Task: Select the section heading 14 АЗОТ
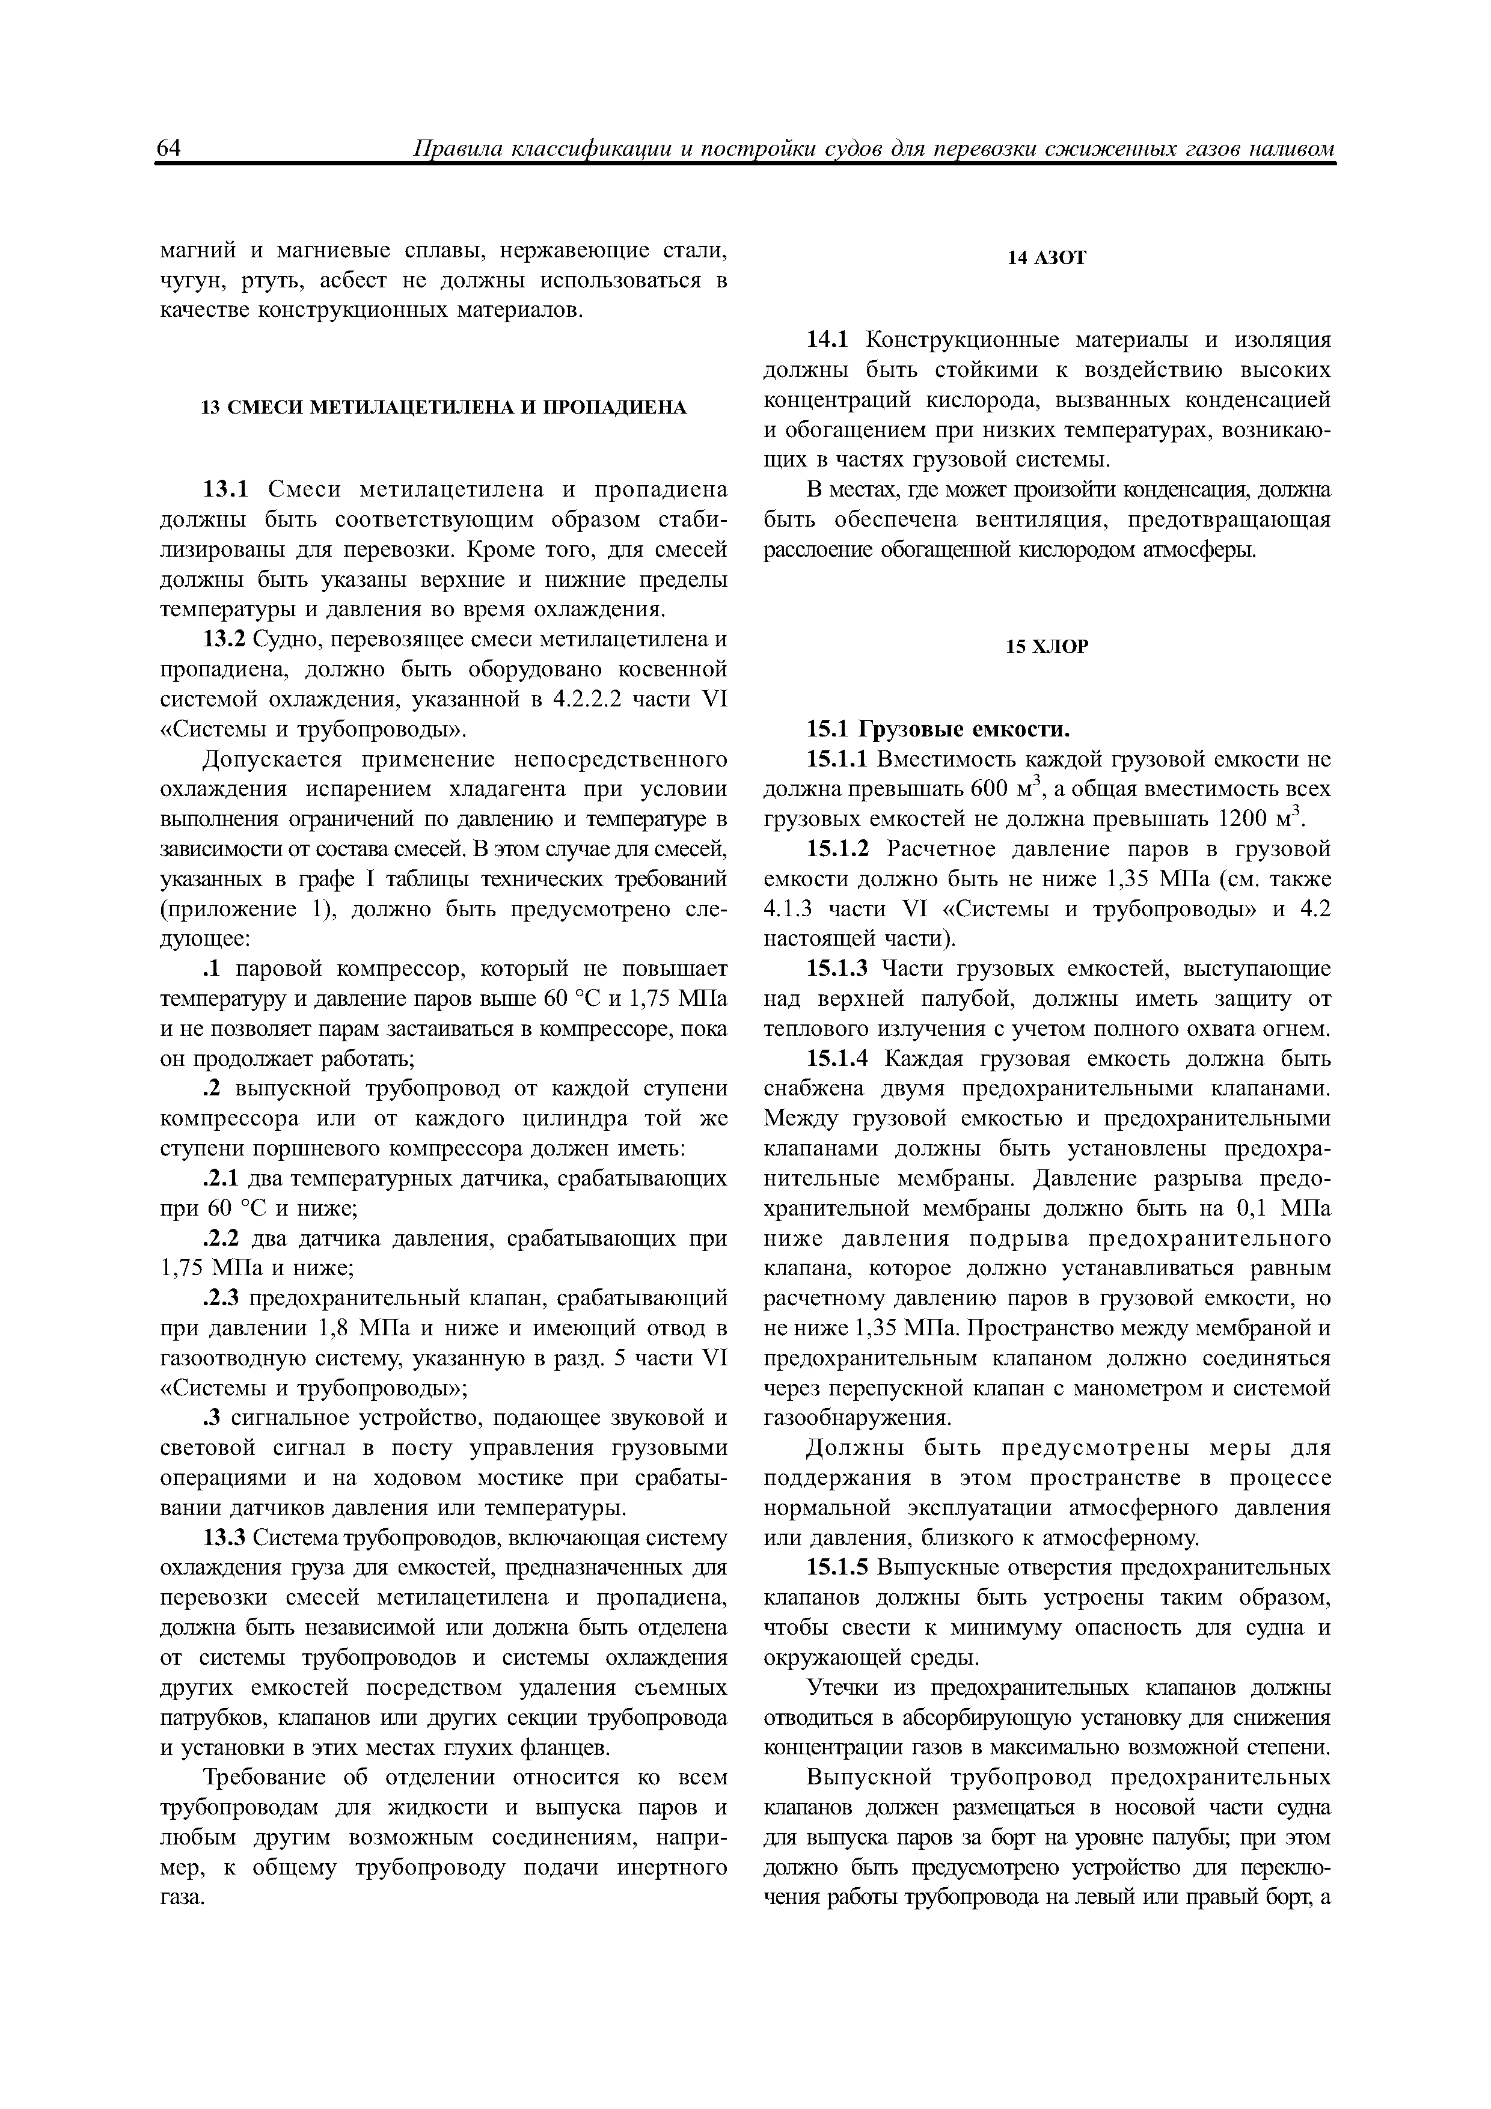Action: click(1046, 258)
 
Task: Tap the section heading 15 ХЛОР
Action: click(1046, 647)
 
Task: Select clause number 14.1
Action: click(830, 340)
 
